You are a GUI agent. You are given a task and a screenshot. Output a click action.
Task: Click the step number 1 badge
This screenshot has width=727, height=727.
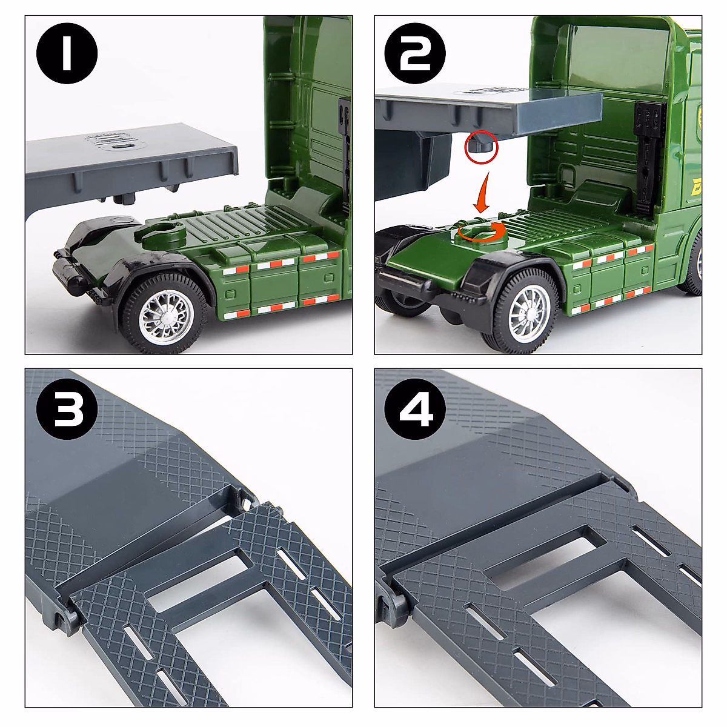(67, 53)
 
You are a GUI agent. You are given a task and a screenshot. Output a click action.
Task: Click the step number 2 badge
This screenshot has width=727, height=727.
(414, 53)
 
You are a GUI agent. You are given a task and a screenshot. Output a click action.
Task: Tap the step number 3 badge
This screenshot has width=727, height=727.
(67, 410)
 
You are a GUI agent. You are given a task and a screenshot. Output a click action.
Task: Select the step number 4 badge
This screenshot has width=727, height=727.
(414, 410)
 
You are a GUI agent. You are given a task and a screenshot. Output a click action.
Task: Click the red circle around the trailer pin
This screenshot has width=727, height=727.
(482, 147)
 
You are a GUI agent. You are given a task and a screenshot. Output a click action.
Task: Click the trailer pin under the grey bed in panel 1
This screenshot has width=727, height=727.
(125, 199)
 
